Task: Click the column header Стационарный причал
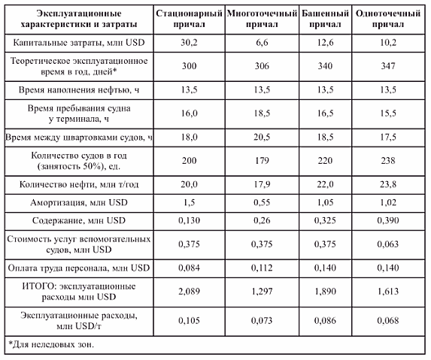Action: [189, 19]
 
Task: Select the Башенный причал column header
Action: [325, 19]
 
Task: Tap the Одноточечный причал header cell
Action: [388, 19]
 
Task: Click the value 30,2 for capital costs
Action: [189, 43]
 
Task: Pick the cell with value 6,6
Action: [262, 43]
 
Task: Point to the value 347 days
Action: [388, 66]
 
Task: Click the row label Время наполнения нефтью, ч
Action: [79, 89]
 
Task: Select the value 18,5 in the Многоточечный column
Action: [262, 113]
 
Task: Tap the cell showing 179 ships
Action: [262, 160]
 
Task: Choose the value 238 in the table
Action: [388, 160]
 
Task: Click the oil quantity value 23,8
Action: [388, 184]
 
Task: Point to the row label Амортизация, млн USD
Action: [79, 203]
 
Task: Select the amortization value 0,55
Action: [262, 203]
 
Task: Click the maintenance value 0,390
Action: [388, 220]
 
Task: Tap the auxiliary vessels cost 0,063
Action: [388, 244]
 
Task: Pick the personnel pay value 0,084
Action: [189, 268]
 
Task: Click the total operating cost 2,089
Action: [189, 292]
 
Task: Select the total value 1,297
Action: [262, 292]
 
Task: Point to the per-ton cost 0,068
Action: [388, 320]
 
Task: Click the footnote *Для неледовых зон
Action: [51, 344]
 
